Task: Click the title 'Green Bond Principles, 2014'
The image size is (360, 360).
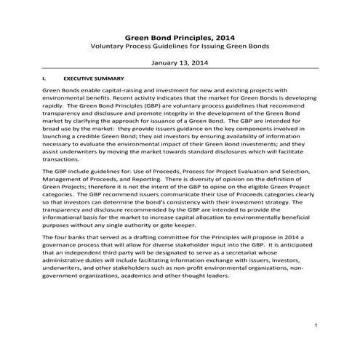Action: pyautogui.click(x=180, y=35)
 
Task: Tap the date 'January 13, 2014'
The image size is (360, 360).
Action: pyautogui.click(x=180, y=63)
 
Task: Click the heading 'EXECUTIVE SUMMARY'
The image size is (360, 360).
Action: pyautogui.click(x=94, y=77)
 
